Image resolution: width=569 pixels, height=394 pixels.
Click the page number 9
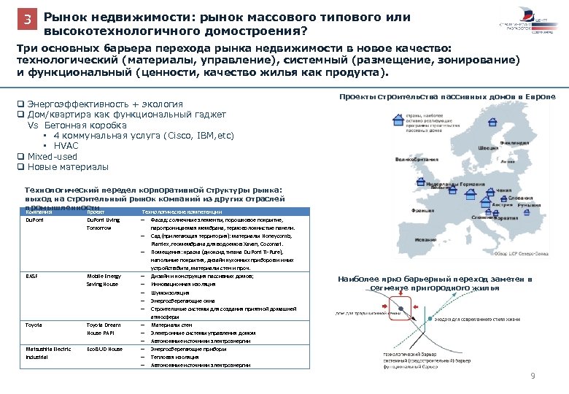tap(533, 376)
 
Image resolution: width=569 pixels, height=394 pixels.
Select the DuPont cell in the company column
tap(35, 219)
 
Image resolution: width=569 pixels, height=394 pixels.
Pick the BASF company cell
tap(31, 277)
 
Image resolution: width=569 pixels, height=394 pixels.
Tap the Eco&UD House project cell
tap(106, 349)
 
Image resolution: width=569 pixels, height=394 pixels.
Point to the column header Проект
tap(96, 212)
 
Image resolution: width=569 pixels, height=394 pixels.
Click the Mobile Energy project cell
tap(104, 277)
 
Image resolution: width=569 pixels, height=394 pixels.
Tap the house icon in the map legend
tap(399, 117)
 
